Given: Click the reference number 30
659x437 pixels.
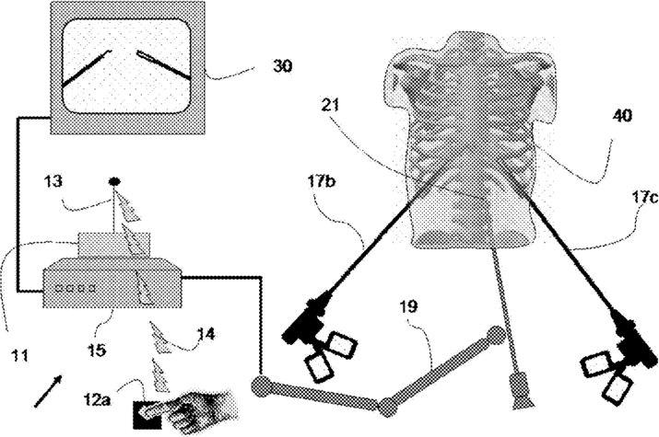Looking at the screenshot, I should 287,67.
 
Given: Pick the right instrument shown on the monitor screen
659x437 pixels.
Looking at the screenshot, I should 164,64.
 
